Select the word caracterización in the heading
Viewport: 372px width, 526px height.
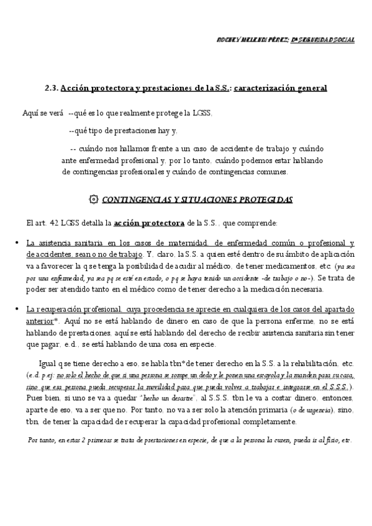click(270, 89)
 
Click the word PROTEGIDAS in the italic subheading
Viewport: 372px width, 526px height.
click(257, 200)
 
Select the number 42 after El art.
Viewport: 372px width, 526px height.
click(61, 222)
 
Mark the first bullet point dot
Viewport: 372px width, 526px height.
click(16, 242)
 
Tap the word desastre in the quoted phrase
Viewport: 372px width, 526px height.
click(162, 398)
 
